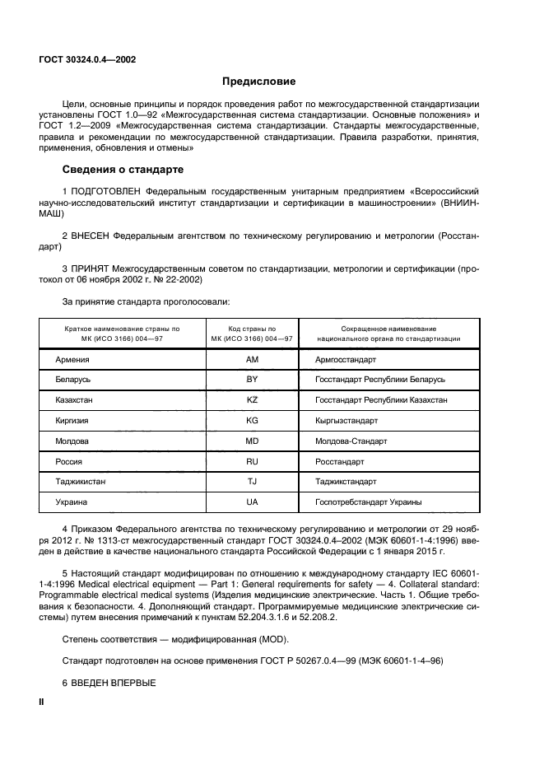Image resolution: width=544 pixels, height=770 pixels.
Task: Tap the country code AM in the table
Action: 253,360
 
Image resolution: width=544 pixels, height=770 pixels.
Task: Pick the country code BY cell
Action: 253,380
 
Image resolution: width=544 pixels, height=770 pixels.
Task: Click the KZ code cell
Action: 253,399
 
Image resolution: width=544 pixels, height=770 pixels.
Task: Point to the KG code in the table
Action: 253,420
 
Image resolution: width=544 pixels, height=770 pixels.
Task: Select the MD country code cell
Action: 253,441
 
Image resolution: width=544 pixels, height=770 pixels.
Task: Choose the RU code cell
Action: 253,460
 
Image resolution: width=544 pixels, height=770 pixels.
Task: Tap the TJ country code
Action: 253,481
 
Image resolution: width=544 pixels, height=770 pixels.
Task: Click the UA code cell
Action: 253,502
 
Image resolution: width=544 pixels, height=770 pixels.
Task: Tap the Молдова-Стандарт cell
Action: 351,441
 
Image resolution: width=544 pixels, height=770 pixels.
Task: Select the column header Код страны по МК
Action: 253,333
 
